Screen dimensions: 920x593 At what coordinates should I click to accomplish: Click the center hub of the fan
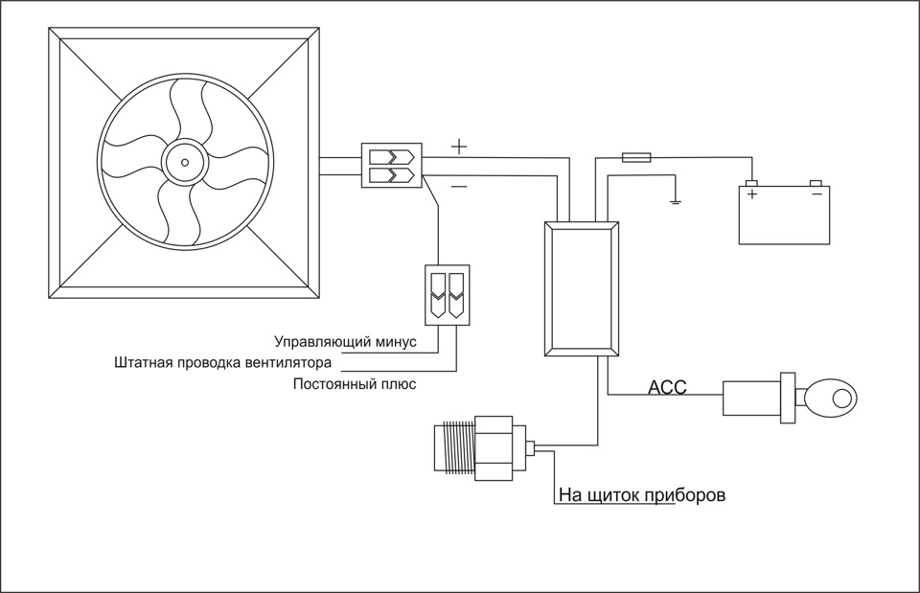point(185,163)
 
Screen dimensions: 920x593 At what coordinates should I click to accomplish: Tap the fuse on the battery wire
point(636,157)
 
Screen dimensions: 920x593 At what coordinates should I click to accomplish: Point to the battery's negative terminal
point(816,183)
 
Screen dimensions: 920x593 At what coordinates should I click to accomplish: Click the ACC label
point(667,387)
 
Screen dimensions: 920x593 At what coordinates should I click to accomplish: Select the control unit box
point(582,288)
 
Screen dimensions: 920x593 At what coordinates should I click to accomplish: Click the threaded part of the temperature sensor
point(454,447)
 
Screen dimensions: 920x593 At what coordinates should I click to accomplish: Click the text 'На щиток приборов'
point(642,495)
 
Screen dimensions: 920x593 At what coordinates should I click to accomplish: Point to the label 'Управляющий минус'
point(346,341)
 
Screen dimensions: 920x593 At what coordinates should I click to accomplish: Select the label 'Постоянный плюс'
point(355,384)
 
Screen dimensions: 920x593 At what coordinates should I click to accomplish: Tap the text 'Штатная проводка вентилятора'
point(222,362)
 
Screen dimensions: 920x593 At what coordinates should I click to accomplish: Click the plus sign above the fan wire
point(459,146)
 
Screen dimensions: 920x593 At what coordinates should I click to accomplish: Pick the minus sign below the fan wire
point(459,187)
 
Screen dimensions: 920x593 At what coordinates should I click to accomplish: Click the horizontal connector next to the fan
point(391,165)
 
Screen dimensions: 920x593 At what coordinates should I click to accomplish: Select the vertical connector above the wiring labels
point(448,295)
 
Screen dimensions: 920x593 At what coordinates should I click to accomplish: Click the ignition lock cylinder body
point(751,399)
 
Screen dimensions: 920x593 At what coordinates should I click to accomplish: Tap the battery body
point(784,215)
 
